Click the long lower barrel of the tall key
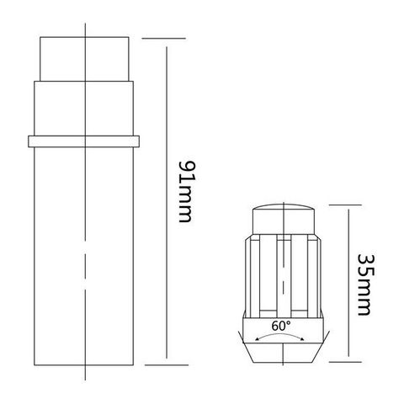84,252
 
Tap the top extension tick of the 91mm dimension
160,37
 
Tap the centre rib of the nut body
282,278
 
